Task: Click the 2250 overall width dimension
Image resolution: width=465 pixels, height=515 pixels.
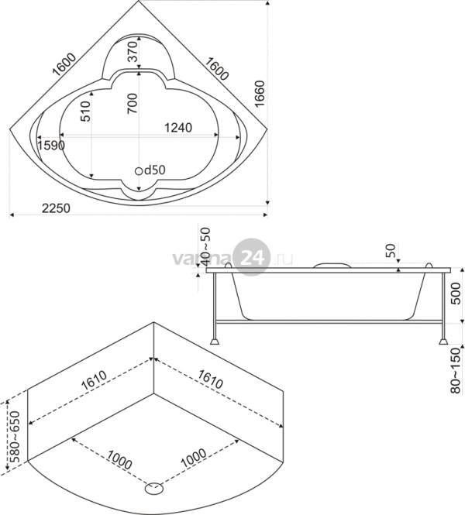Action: click(57, 208)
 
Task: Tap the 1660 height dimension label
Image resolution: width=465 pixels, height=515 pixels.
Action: click(260, 94)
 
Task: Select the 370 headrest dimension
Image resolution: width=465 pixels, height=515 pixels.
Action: click(133, 52)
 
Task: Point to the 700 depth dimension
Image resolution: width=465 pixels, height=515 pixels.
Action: click(133, 104)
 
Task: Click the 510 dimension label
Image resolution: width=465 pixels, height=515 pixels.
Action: click(85, 112)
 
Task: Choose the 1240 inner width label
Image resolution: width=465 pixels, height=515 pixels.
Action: click(178, 128)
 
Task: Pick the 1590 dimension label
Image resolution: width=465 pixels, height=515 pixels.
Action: click(51, 145)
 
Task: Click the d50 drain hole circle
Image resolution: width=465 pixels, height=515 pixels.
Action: click(139, 171)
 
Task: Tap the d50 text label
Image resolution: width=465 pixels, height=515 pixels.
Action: click(155, 170)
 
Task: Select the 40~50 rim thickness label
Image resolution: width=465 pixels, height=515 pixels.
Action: click(205, 247)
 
